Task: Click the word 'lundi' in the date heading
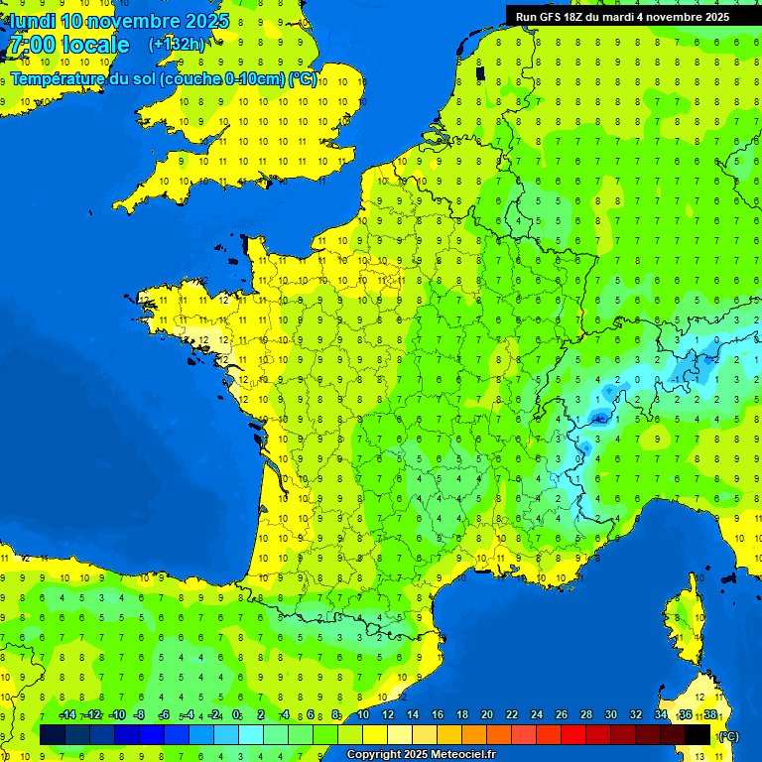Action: pos(32,21)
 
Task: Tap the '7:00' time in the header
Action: pos(33,45)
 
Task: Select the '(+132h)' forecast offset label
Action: pos(177,44)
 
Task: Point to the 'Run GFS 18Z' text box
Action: pos(622,17)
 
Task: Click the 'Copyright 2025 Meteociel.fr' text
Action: pos(421,755)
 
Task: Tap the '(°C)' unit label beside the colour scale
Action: pos(727,736)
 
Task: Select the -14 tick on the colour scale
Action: pos(67,715)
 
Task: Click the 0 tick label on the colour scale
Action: pos(236,715)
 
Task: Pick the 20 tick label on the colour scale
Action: pos(486,715)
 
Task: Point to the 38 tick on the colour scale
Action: pos(709,715)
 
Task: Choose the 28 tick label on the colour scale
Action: pos(585,715)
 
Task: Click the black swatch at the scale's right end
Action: pos(698,735)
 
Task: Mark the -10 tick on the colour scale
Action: pos(116,715)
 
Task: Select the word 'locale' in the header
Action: pos(95,45)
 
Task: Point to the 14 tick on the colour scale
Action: pos(412,715)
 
